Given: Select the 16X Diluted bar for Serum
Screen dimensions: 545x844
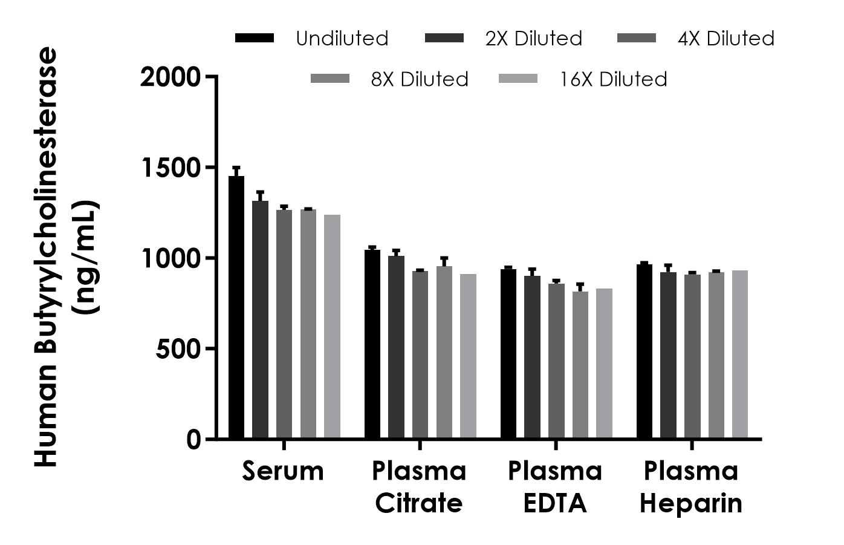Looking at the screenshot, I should tap(332, 327).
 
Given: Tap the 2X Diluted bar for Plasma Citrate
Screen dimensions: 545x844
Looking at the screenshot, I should tap(396, 347).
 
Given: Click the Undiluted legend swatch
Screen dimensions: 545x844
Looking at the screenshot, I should tap(255, 38).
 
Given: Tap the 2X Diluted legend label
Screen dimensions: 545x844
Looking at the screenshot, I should tap(533, 39).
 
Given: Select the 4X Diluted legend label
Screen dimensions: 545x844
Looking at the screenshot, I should tap(726, 39).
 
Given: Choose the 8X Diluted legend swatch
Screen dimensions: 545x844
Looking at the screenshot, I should tap(330, 79).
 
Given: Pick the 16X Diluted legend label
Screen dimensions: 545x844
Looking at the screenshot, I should tap(613, 79).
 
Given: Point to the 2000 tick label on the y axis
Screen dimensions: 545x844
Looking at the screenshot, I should tap(170, 77).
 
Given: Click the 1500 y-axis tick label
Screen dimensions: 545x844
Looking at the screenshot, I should tap(170, 168).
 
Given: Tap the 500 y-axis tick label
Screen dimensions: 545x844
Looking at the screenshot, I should tap(178, 349).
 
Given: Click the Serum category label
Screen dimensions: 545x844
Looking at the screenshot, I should tap(283, 471).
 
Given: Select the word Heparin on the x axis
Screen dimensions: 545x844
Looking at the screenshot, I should tap(691, 503).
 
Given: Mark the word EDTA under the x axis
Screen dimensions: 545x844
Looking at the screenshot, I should tap(555, 503).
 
